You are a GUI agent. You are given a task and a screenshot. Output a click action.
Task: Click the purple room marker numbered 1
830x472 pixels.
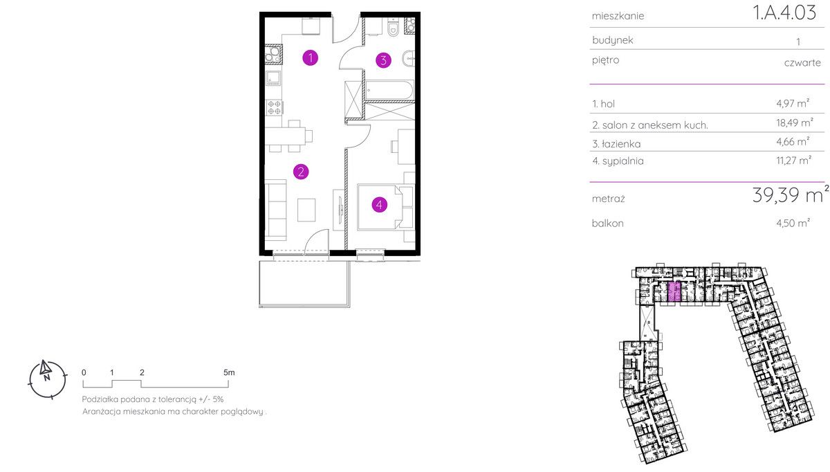coord(310,58)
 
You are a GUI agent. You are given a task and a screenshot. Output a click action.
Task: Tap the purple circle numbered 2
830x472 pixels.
coord(301,172)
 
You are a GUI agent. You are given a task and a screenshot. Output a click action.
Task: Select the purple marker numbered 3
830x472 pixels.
coord(383,60)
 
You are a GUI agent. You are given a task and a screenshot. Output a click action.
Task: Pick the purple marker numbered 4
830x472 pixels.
coord(380,205)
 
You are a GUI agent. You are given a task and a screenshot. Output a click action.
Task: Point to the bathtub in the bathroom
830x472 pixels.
coord(389,90)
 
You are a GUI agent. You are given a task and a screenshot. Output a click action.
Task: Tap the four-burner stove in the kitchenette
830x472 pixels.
coord(274,107)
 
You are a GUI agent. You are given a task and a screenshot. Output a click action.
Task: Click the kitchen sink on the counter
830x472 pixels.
coord(273,78)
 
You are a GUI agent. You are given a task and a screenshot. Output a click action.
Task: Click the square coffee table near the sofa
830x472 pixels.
coord(306,210)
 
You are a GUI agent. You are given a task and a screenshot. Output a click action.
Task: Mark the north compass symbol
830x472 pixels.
coord(47,379)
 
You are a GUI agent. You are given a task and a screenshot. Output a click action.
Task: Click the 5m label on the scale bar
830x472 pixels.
coord(229,372)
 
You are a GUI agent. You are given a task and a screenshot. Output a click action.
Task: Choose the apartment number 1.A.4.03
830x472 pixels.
coord(784,12)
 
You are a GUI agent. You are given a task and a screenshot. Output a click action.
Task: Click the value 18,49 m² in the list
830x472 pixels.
coord(795,122)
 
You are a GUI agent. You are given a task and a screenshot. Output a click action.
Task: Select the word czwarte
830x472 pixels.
coord(802,63)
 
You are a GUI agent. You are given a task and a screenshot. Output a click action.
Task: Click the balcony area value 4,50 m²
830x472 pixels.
coord(793,223)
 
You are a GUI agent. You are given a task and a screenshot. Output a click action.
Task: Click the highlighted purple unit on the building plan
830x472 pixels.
coord(674,292)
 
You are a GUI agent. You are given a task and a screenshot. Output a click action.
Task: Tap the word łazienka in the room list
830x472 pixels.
coord(621,144)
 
